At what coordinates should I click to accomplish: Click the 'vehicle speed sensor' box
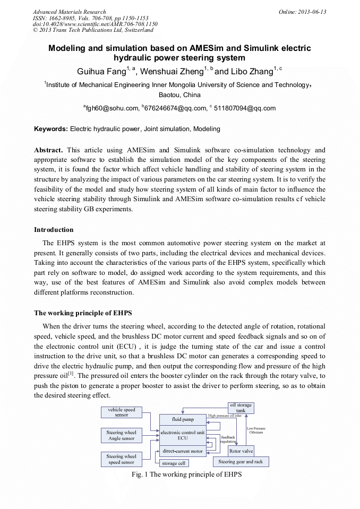coord(122,412)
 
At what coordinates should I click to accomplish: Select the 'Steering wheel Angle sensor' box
coord(122,436)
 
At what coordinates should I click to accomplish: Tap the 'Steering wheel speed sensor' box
coord(122,459)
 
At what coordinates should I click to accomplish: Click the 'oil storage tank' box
coord(241,408)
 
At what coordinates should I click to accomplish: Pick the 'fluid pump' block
coord(183,419)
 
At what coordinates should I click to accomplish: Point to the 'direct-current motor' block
coord(183,451)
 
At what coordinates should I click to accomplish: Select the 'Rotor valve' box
coord(241,451)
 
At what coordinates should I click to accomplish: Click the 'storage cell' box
coord(173,463)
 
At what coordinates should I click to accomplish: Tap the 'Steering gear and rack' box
coord(241,462)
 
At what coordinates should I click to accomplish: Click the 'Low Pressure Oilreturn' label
coord(256,430)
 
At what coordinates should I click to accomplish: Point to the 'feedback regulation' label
coord(228,439)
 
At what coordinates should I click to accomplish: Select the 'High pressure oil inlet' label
coord(228,416)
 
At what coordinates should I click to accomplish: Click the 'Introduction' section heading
coord(54,230)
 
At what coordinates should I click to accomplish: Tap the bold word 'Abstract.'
coord(49,150)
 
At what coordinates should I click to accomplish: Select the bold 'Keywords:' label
coord(51,129)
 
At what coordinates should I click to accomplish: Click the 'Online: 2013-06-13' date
coord(302,12)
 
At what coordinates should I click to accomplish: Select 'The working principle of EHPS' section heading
coord(83,313)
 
